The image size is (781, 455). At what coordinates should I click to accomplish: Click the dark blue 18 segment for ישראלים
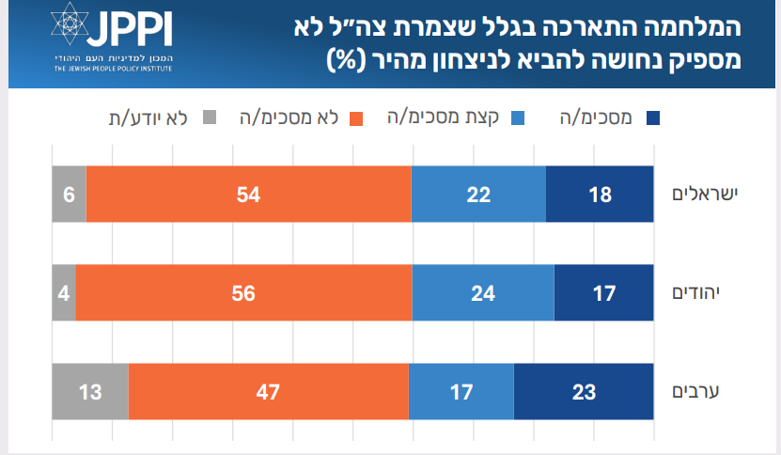pyautogui.click(x=600, y=195)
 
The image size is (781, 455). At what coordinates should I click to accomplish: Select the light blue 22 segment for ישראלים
pyautogui.click(x=478, y=195)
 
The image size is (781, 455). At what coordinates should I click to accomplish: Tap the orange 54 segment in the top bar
pyautogui.click(x=248, y=195)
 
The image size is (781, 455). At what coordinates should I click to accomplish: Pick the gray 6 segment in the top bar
pyautogui.click(x=69, y=195)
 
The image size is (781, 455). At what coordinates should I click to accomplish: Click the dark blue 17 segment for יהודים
pyautogui.click(x=603, y=292)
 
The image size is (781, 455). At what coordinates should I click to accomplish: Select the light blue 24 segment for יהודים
pyautogui.click(x=483, y=292)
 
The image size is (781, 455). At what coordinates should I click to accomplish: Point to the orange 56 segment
pyautogui.click(x=243, y=292)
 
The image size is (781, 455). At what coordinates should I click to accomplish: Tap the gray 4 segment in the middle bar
pyautogui.click(x=63, y=292)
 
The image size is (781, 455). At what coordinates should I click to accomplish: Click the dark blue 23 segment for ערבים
pyautogui.click(x=584, y=391)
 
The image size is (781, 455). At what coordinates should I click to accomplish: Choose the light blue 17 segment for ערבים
pyautogui.click(x=461, y=391)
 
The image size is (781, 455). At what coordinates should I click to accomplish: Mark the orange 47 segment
pyautogui.click(x=268, y=391)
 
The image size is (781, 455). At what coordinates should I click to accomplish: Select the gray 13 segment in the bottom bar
pyautogui.click(x=89, y=391)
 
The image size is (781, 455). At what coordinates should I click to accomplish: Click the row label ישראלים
pyautogui.click(x=705, y=194)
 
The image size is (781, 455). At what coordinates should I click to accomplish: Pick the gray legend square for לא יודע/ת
pyautogui.click(x=209, y=118)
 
